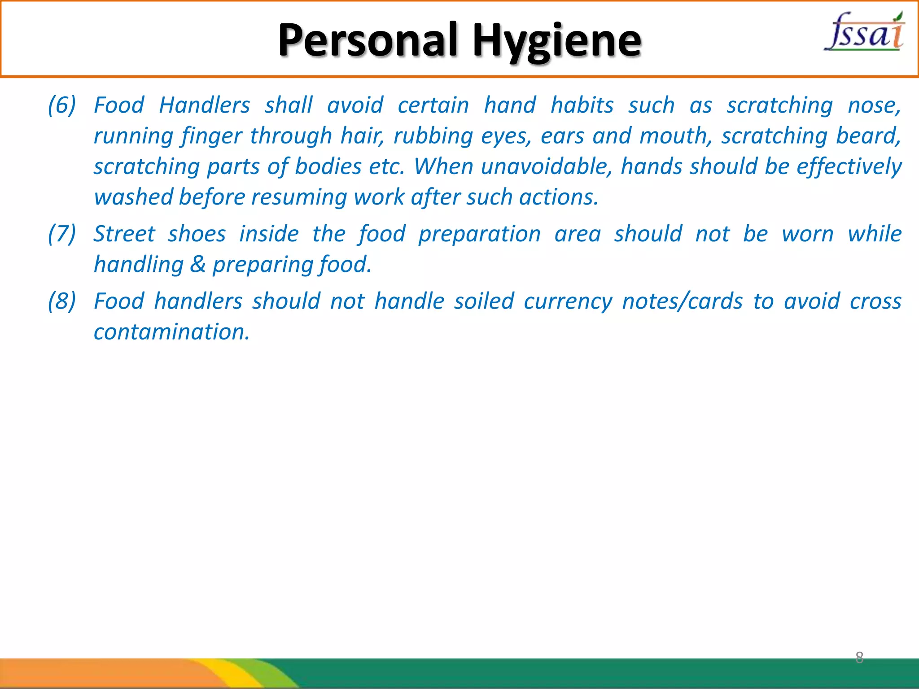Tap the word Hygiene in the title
click(x=557, y=41)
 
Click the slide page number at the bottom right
click(x=859, y=658)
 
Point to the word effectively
click(x=849, y=166)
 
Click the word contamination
click(x=171, y=332)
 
